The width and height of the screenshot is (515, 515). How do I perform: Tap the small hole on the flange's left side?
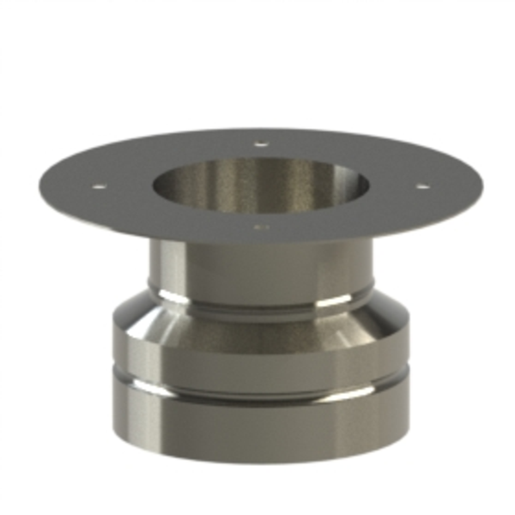click(100, 184)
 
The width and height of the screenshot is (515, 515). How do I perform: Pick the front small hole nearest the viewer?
click(262, 227)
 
